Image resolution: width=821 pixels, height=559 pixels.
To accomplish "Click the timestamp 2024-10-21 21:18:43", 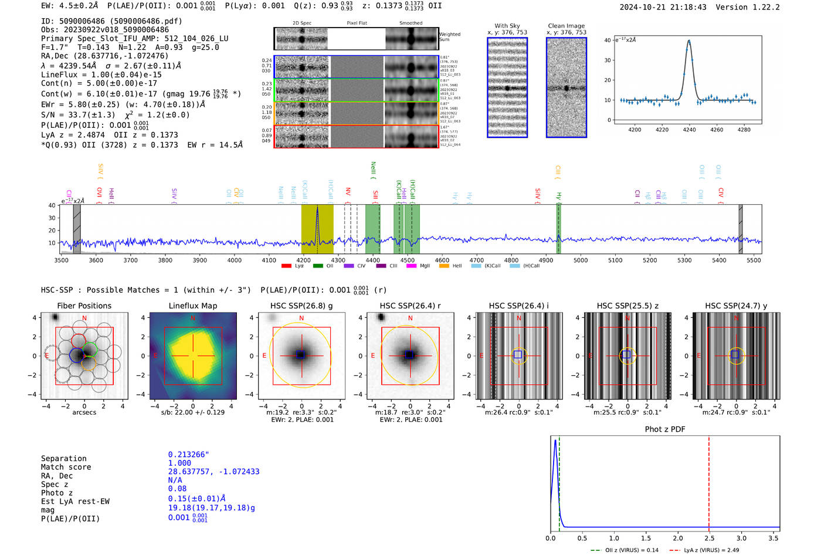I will (663, 7).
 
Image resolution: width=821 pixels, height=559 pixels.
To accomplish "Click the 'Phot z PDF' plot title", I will (664, 429).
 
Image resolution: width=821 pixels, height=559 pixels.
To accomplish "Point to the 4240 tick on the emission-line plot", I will (689, 130).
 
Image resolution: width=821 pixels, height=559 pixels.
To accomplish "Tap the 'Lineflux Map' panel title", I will (192, 306).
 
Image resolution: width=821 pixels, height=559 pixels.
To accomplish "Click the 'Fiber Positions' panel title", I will (84, 306).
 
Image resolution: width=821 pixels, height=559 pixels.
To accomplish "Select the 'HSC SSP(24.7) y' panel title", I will (736, 306).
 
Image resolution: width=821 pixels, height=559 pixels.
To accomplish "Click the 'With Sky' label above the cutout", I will (507, 26).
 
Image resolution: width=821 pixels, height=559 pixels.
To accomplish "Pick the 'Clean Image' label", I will (566, 26).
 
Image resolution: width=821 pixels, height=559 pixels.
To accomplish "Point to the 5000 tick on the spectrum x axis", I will (580, 260).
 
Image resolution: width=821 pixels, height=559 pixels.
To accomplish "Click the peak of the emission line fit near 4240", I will (689, 41).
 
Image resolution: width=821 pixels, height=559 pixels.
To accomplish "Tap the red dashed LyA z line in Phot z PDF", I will (709, 481).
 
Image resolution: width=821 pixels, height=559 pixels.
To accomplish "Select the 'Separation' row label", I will (63, 459).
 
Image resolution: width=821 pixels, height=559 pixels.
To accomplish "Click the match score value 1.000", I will (179, 463).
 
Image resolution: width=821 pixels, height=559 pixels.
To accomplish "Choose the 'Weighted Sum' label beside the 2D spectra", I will (449, 37).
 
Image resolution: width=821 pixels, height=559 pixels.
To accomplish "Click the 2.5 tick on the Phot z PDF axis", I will (709, 538).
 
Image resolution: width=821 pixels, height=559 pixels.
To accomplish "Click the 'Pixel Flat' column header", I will (357, 23).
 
